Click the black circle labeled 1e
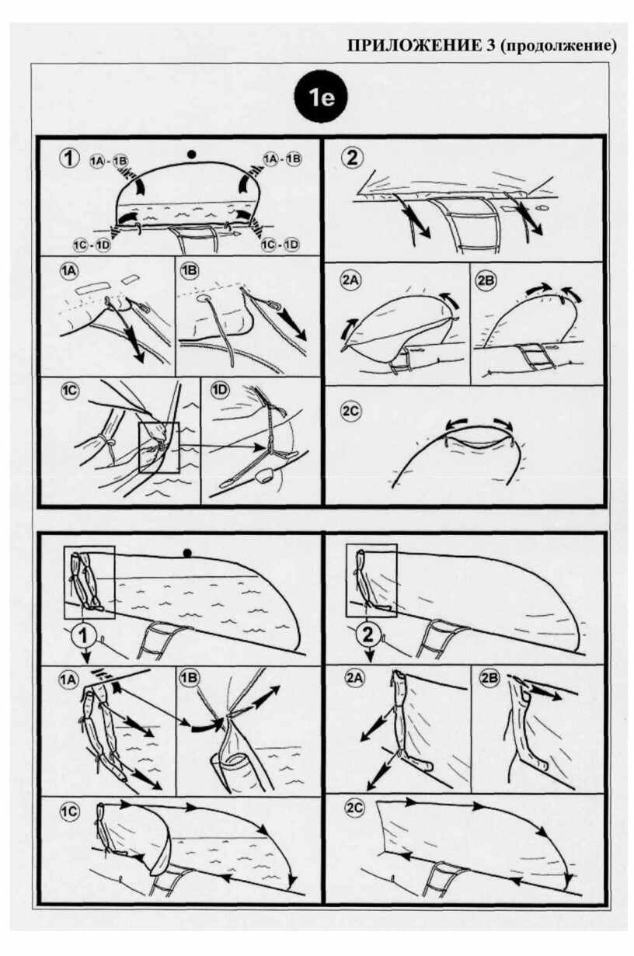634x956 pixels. (320, 98)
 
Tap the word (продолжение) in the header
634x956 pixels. (559, 46)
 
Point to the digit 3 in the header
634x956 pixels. (490, 46)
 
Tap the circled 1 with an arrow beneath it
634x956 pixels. (85, 636)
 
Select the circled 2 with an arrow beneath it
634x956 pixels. (368, 636)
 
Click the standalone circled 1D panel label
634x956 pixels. (221, 391)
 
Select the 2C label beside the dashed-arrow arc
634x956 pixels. (351, 411)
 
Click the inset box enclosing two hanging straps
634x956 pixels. (89, 582)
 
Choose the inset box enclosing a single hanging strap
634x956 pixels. (371, 580)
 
